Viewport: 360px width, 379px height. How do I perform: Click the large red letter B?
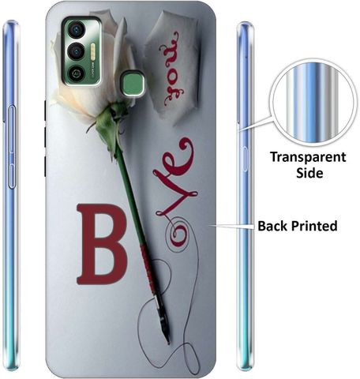(x=101, y=244)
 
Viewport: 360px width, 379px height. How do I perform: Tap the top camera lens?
(x=76, y=30)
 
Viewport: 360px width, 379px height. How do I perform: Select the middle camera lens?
(x=76, y=51)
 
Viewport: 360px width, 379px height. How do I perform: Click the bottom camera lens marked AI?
(x=76, y=73)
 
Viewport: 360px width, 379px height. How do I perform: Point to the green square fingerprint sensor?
(x=133, y=84)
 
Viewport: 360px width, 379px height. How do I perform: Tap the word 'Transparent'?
(x=308, y=157)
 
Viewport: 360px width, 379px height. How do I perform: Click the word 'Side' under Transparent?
(x=309, y=173)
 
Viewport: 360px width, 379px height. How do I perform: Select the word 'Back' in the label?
(x=273, y=226)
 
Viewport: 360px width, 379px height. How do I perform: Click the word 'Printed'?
(x=315, y=226)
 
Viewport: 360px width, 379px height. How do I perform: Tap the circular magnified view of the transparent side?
(x=313, y=103)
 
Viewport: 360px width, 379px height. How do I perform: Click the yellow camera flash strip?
(x=93, y=52)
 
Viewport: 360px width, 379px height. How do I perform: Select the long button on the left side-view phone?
(x=11, y=147)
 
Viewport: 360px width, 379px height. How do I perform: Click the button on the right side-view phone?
(x=245, y=159)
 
